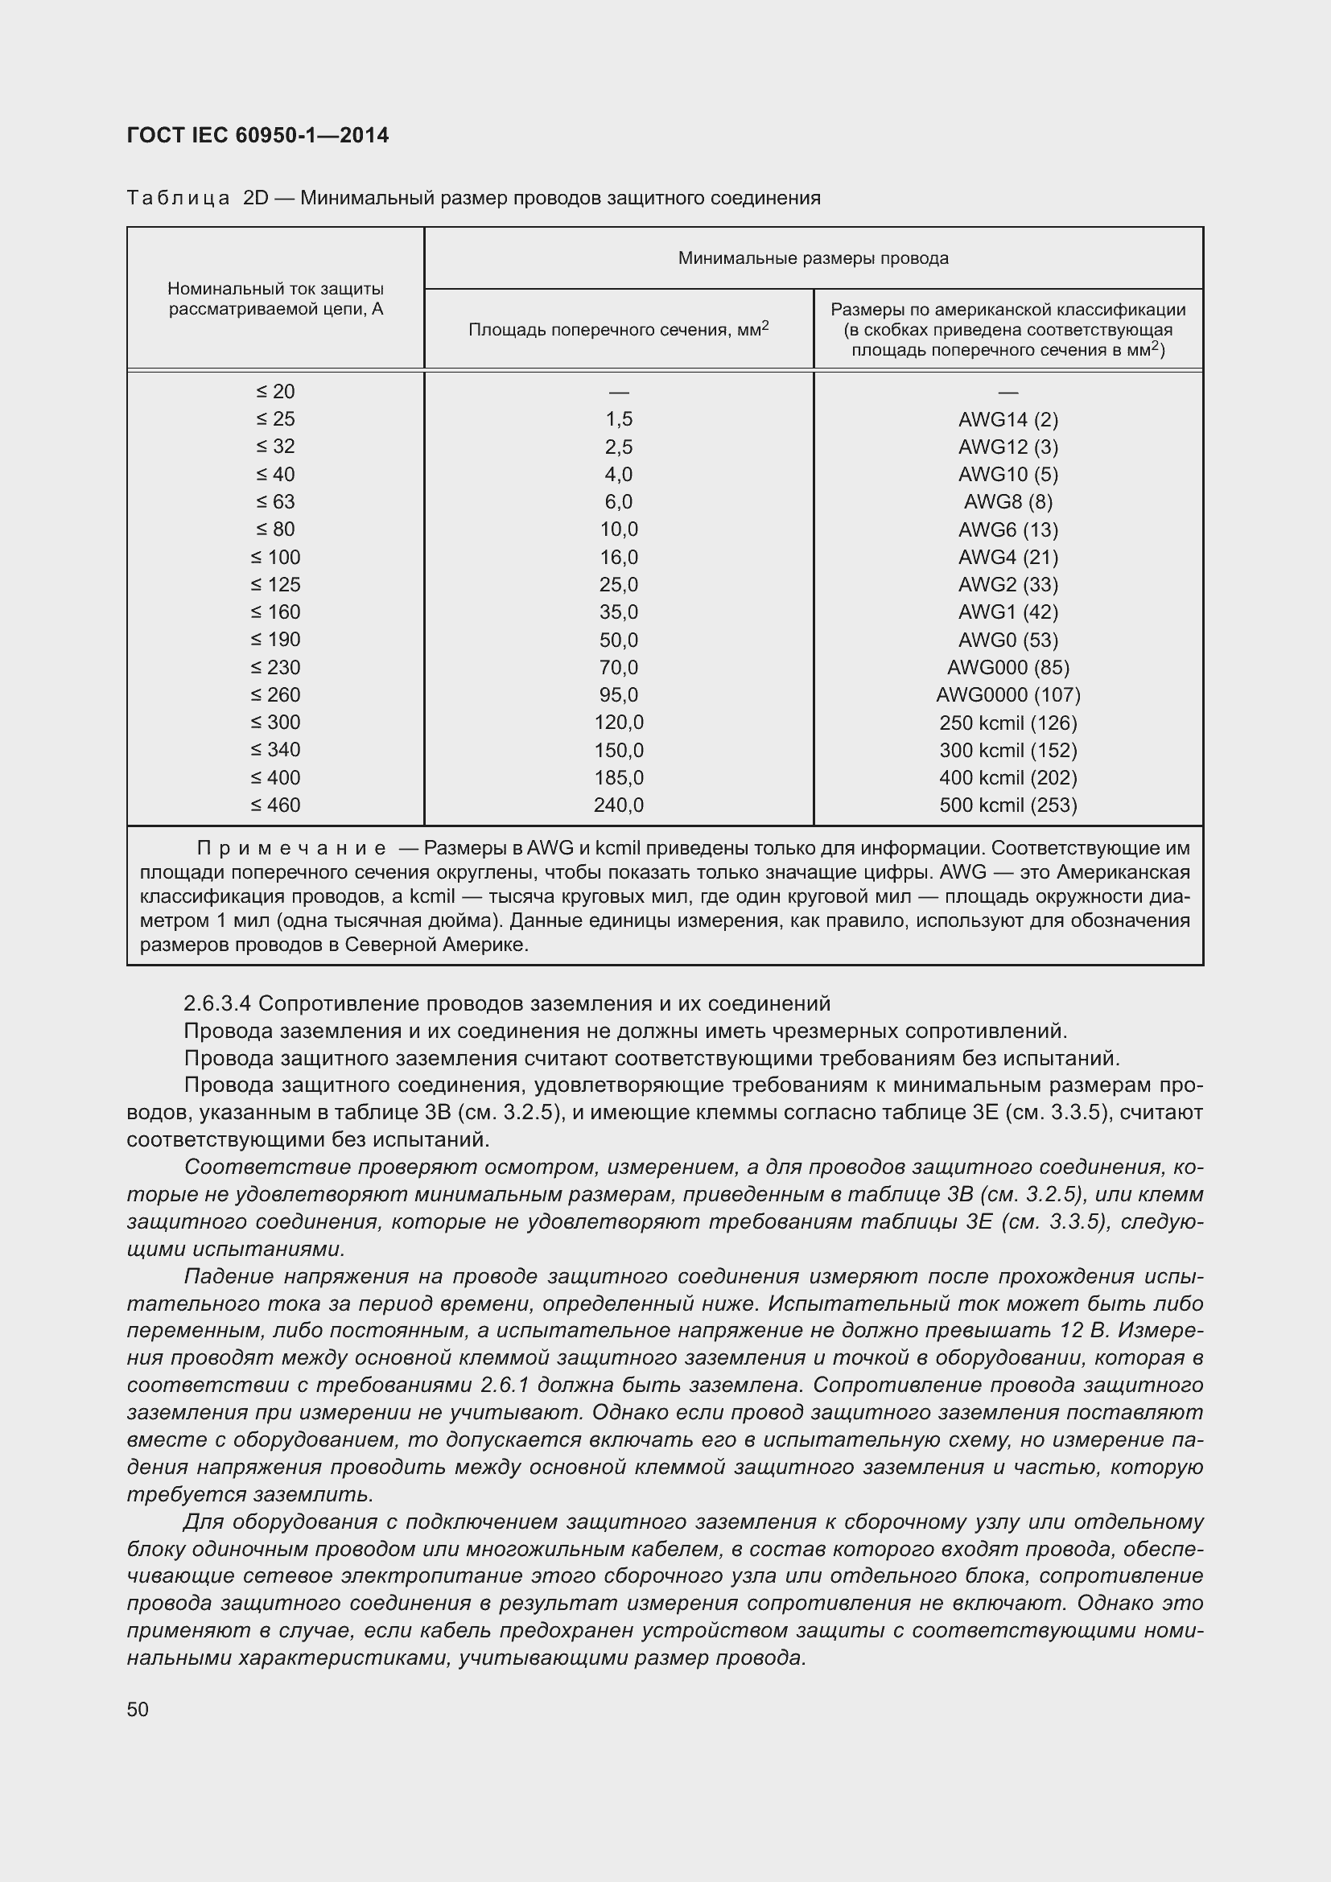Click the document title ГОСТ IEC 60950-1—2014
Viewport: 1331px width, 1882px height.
258,135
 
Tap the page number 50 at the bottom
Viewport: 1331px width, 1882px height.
138,1709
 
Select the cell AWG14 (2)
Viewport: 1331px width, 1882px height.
1008,420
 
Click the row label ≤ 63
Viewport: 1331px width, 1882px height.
274,501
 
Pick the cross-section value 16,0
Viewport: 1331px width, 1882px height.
619,558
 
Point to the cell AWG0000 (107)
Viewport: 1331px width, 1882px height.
1008,695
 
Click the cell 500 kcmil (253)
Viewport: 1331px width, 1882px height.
1008,805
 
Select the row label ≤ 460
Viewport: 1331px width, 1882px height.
275,805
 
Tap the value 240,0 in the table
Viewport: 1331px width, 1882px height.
619,805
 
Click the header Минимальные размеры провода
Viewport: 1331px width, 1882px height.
813,258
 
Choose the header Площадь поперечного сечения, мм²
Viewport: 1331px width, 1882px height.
619,330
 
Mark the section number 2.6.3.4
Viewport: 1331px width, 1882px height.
217,1003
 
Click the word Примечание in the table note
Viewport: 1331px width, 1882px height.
291,847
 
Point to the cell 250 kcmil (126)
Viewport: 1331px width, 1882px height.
1008,723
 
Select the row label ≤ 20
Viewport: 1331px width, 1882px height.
274,392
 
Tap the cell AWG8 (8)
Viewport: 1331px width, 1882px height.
1008,501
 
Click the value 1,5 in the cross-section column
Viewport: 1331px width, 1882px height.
619,420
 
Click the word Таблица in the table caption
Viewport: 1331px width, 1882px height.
178,199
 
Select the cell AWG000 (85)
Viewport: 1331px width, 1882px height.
1008,667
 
